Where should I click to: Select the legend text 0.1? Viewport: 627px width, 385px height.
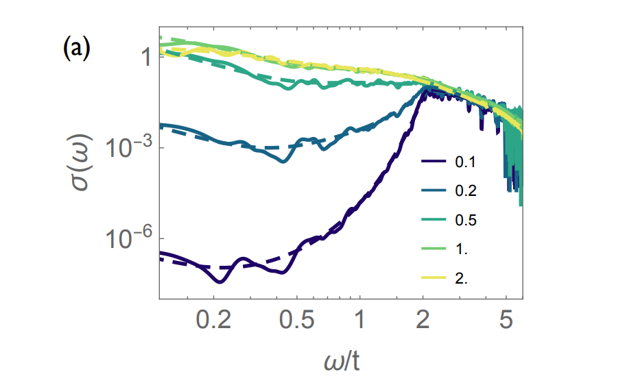coord(464,163)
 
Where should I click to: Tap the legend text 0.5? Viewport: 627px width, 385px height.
coord(464,220)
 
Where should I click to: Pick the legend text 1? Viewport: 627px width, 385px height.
coord(461,249)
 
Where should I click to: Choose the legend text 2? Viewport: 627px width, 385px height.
coord(461,278)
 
